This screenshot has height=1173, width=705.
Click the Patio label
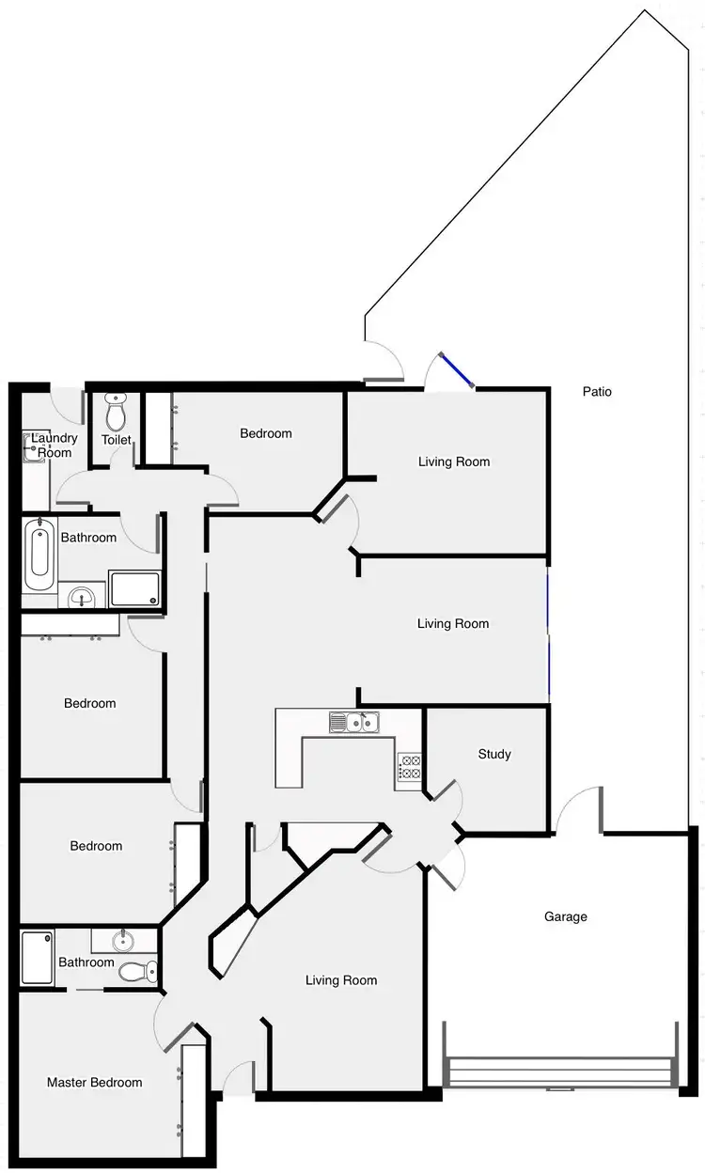pos(597,392)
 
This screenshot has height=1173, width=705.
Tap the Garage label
pos(566,916)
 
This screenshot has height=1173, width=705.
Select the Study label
pos(494,754)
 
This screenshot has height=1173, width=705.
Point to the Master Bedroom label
pos(95,1083)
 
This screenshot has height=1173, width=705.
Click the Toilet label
pos(117,440)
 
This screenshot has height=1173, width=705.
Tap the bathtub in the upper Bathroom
pos(39,554)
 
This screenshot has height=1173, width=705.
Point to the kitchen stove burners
pos(410,767)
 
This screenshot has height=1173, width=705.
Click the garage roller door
pos(560,1071)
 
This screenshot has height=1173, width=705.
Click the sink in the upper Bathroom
pos(84,594)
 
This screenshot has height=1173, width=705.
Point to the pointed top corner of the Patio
pos(645,10)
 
